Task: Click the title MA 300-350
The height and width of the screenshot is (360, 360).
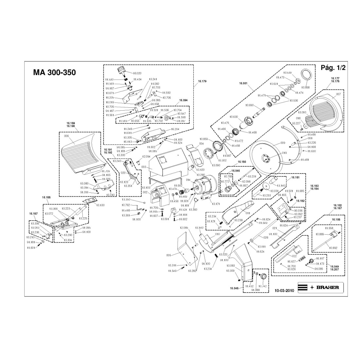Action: pyautogui.click(x=55, y=72)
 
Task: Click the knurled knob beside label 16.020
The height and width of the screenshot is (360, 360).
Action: pyautogui.click(x=121, y=70)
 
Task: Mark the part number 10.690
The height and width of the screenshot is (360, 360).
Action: pyautogui.click(x=249, y=105)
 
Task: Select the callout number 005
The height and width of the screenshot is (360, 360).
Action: pyautogui.click(x=169, y=255)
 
